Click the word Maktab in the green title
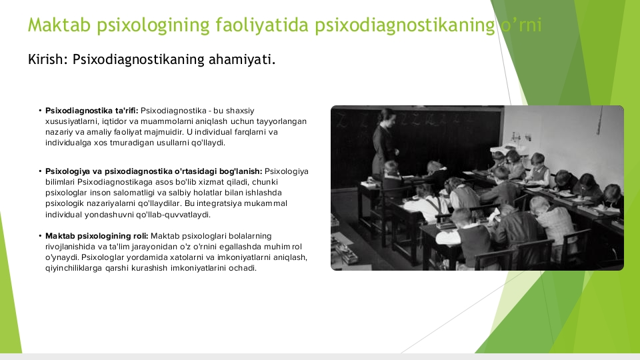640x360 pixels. [59, 25]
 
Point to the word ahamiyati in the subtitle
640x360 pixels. [242, 59]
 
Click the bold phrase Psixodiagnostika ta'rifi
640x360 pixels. [92, 111]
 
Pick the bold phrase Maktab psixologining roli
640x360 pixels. [97, 236]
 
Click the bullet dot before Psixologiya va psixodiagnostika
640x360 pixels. [41, 171]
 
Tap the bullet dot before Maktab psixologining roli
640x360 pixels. [41, 236]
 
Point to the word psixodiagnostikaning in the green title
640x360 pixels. [405, 25]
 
